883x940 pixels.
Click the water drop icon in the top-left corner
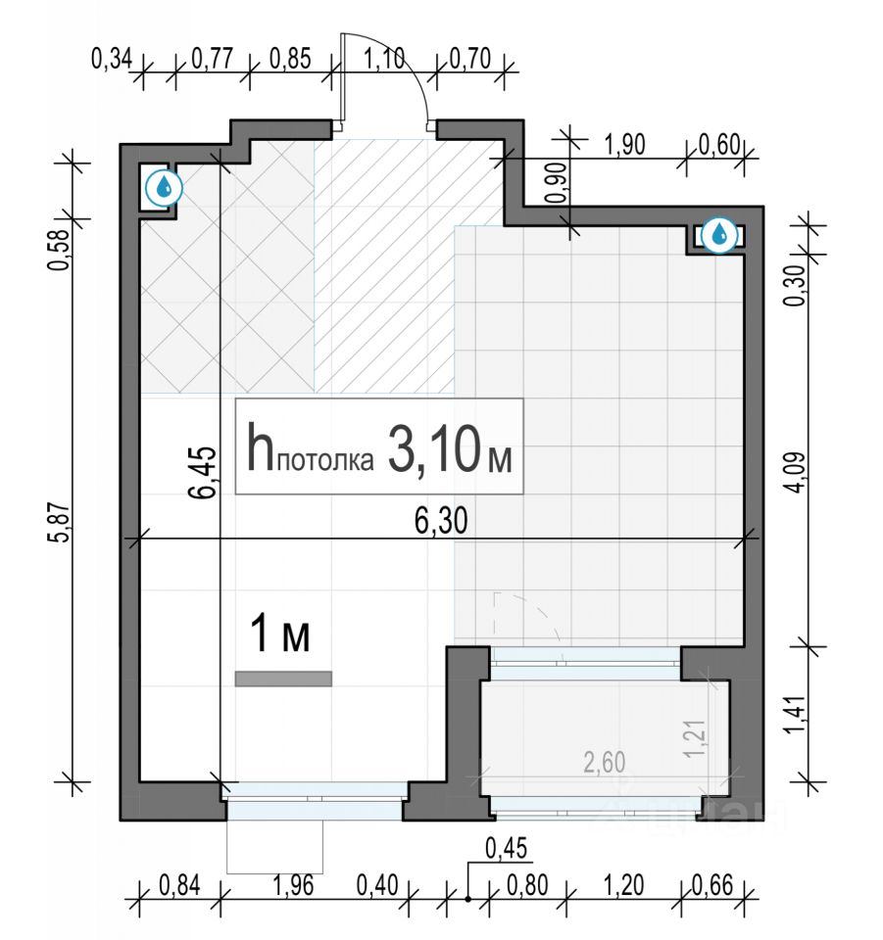[164, 189]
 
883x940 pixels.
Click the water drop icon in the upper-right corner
[720, 235]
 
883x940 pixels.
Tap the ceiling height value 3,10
[434, 448]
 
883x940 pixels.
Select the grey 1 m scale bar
[283, 679]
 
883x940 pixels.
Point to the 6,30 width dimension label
[441, 520]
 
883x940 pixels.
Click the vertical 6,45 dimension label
[202, 472]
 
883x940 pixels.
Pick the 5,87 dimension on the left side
[61, 522]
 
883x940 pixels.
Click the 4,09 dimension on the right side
[796, 471]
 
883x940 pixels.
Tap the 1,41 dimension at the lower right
[796, 714]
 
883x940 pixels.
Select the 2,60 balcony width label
[604, 763]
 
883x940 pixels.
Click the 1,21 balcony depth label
[695, 738]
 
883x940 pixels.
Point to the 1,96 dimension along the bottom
[293, 885]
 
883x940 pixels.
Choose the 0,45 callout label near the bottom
[507, 848]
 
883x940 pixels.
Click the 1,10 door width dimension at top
[384, 59]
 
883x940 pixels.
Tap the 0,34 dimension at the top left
[112, 59]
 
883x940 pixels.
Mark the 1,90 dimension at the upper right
[624, 145]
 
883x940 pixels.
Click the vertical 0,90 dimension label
[556, 182]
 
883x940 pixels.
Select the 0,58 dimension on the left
[61, 250]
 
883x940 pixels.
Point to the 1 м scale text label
[280, 634]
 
